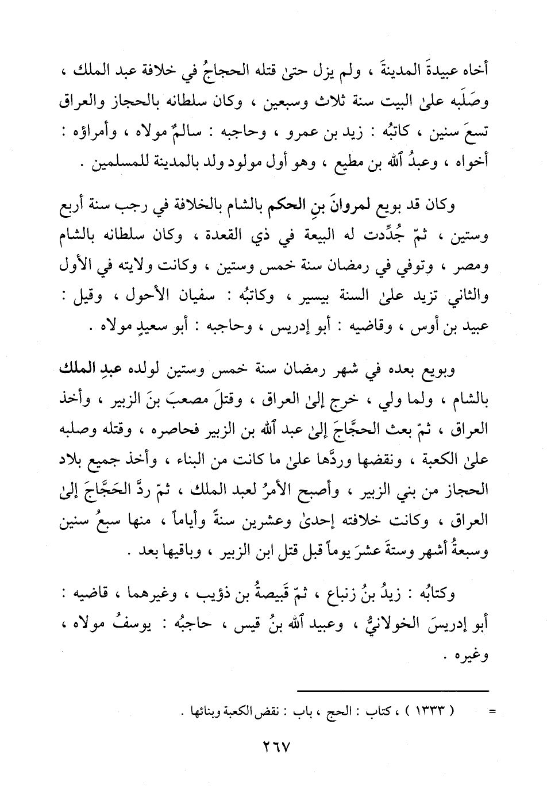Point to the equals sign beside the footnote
(x=492, y=713)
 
